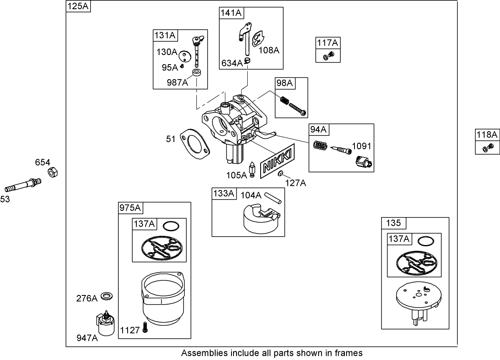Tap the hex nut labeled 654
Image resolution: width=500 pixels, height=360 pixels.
(53, 172)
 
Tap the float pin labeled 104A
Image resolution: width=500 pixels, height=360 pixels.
(273, 197)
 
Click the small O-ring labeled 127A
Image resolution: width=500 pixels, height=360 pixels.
(281, 173)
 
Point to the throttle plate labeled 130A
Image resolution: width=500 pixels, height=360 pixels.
(184, 56)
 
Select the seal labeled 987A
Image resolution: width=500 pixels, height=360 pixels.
(197, 74)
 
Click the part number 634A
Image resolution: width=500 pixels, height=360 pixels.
(232, 63)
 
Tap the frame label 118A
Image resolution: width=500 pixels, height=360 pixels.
(487, 135)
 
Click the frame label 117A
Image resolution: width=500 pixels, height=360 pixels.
(327, 42)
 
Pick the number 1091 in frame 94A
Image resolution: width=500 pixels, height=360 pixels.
(361, 146)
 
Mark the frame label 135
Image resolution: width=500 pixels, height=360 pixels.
(393, 223)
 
